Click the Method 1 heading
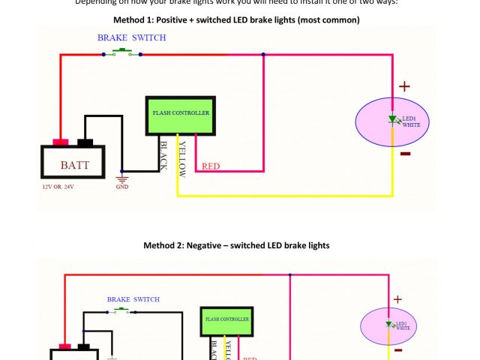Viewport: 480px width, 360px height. point(236,19)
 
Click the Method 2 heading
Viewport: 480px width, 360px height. point(236,245)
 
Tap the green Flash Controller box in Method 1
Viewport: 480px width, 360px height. point(181,114)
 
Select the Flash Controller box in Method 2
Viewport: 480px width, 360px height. point(226,319)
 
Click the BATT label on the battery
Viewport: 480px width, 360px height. point(75,164)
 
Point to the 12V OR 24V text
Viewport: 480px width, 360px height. point(58,187)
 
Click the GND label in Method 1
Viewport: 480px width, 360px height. point(122,187)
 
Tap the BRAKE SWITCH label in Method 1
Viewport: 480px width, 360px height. point(132,37)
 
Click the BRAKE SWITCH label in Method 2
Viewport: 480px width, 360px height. point(133,299)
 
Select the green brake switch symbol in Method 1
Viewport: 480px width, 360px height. point(121,52)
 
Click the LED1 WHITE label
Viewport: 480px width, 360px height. point(411,121)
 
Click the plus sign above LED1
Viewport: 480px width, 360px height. point(404,86)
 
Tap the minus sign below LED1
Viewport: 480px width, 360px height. point(405,154)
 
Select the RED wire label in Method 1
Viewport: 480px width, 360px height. point(211,166)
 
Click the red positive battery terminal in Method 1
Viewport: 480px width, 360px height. point(61,142)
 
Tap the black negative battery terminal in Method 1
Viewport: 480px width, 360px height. point(85,142)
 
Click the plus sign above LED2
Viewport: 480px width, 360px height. point(397,299)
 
